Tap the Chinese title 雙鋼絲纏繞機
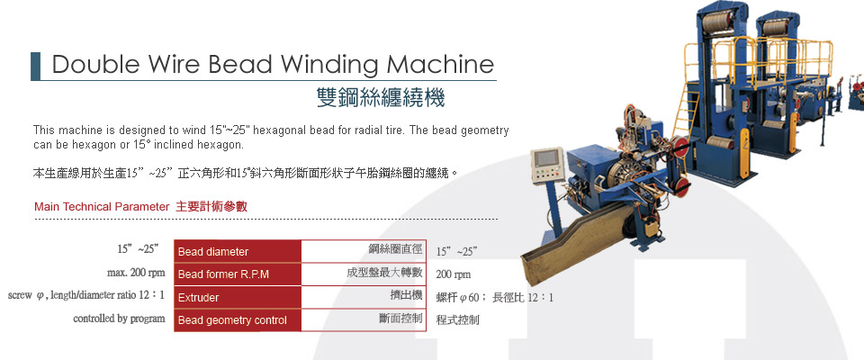tap(381, 97)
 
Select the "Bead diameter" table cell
tap(238, 252)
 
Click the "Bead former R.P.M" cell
tap(238, 274)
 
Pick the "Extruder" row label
tap(238, 298)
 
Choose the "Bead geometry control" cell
tap(238, 320)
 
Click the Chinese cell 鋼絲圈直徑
tap(395, 249)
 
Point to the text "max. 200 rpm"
tap(136, 273)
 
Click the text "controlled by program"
tap(119, 319)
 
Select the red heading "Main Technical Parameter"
tap(102, 207)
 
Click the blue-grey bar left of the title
tap(35, 67)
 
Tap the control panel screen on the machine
tap(545, 158)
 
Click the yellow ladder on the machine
tap(684, 116)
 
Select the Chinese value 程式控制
tap(457, 319)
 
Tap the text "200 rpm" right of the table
tap(454, 274)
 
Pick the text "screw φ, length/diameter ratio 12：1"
tap(86, 295)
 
